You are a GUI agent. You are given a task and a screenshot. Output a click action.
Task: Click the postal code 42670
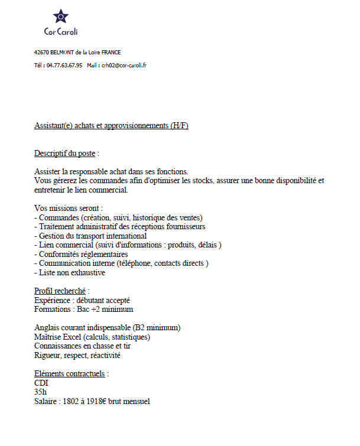(42, 52)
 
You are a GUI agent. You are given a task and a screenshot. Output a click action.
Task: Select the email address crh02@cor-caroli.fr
(124, 65)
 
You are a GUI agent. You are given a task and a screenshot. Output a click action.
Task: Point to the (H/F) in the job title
(179, 125)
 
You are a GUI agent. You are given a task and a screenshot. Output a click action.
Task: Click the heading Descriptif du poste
(64, 154)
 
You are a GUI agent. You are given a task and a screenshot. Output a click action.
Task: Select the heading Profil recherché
(61, 291)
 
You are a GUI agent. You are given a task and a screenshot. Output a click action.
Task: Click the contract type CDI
(41, 383)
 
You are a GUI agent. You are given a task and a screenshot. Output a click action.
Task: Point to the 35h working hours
(41, 392)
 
